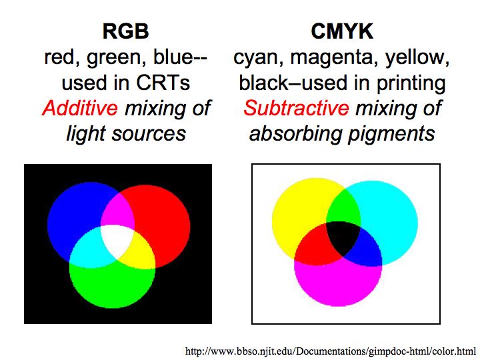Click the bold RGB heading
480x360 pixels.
click(x=126, y=31)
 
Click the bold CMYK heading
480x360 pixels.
click(x=342, y=31)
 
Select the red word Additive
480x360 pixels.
click(x=80, y=108)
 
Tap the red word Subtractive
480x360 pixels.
click(x=296, y=108)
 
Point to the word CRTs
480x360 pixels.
click(x=163, y=83)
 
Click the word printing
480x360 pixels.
click(x=411, y=83)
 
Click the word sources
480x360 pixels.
click(x=149, y=135)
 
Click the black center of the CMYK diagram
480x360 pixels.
click(x=343, y=237)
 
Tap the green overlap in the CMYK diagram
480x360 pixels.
click(x=343, y=206)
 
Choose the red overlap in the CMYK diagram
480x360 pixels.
click(x=315, y=245)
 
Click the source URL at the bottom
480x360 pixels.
click(x=330, y=351)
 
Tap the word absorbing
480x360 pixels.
click(x=295, y=134)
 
